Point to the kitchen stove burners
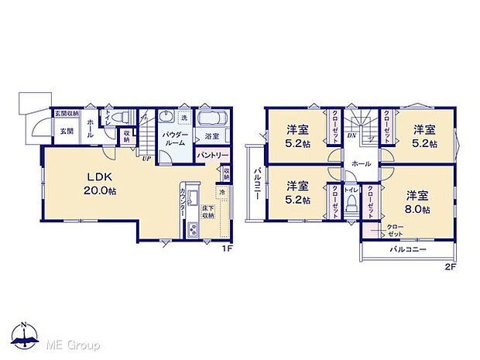pos(192,229)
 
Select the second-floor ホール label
pos(360,164)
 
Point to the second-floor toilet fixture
pos(353,204)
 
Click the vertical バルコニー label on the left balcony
pos(255,183)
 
